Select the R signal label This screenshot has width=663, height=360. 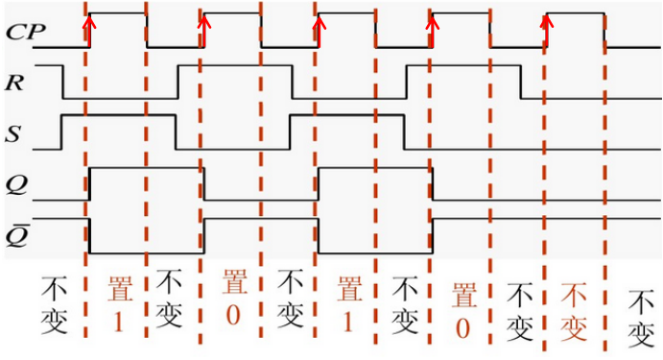(x=14, y=84)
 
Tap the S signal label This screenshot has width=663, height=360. (x=14, y=134)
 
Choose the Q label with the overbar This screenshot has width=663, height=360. (x=15, y=233)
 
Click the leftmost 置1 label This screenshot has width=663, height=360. (x=116, y=304)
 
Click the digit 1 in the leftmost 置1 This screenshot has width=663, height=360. (x=117, y=323)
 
